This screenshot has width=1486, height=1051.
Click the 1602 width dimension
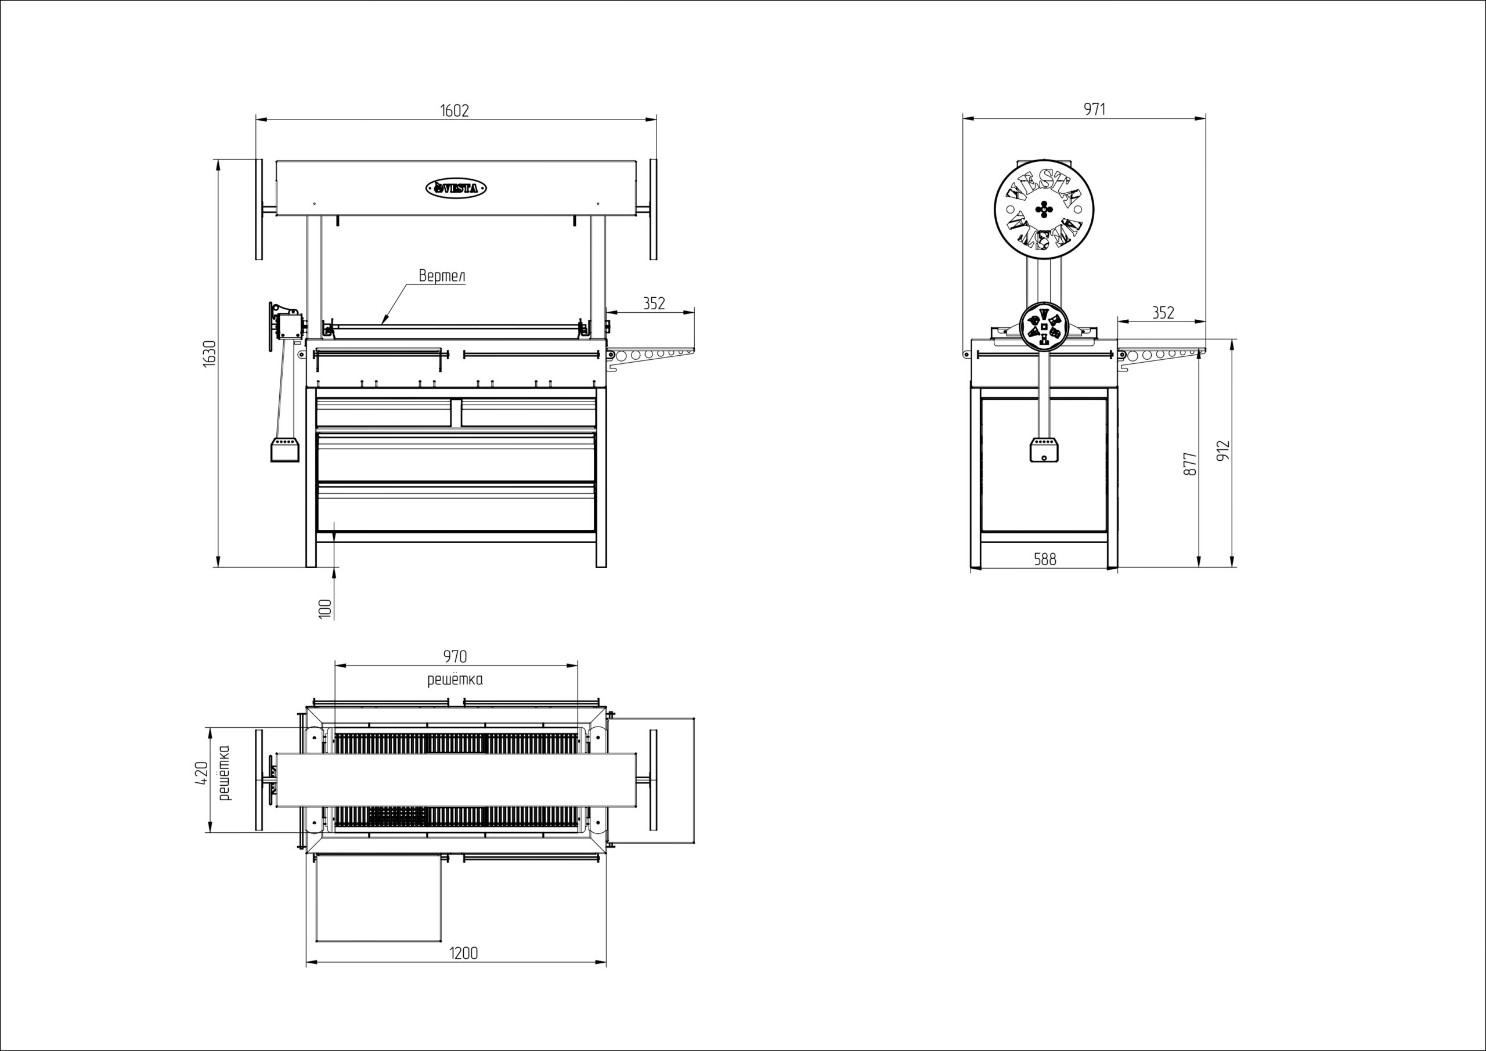[x=455, y=110]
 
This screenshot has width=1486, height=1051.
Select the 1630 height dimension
[x=209, y=354]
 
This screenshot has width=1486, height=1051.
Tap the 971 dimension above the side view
[x=1095, y=109]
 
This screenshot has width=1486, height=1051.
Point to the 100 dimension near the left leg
[x=326, y=609]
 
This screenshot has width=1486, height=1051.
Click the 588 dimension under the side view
[x=1045, y=559]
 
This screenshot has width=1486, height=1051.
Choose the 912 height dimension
[x=1222, y=452]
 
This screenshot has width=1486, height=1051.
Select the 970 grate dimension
[x=455, y=656]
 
